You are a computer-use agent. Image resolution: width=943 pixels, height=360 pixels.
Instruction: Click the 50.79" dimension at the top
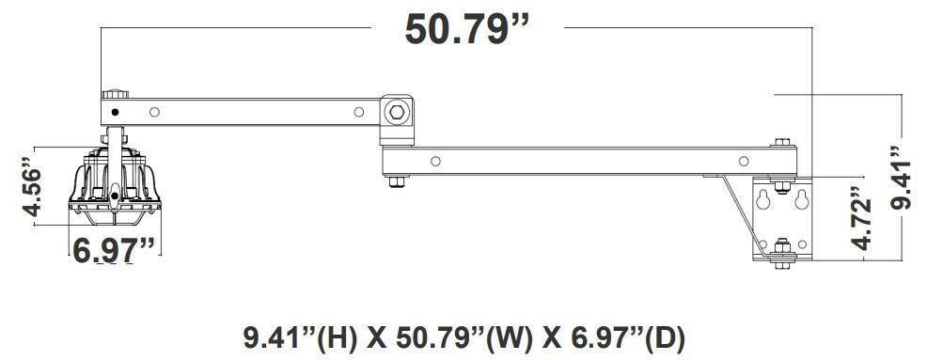pos(468,29)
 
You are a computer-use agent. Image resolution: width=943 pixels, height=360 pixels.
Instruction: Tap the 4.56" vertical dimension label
pos(32,186)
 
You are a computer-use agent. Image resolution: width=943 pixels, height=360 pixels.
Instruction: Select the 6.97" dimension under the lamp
pos(114,250)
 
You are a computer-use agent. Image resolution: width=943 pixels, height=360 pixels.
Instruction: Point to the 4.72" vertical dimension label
pos(862,218)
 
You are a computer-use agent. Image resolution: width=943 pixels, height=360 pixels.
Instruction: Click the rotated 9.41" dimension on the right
pos(901,178)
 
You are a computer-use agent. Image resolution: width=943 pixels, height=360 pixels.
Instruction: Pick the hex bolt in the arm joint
pos(397,112)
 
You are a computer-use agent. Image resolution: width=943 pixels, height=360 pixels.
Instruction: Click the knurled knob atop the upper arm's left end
pos(115,94)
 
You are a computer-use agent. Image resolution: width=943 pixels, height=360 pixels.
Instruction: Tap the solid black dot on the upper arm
pos(115,112)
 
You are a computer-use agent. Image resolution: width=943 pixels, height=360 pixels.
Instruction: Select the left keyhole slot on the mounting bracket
pos(763,199)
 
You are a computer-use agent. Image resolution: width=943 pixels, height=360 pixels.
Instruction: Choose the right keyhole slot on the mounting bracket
pos(801,199)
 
